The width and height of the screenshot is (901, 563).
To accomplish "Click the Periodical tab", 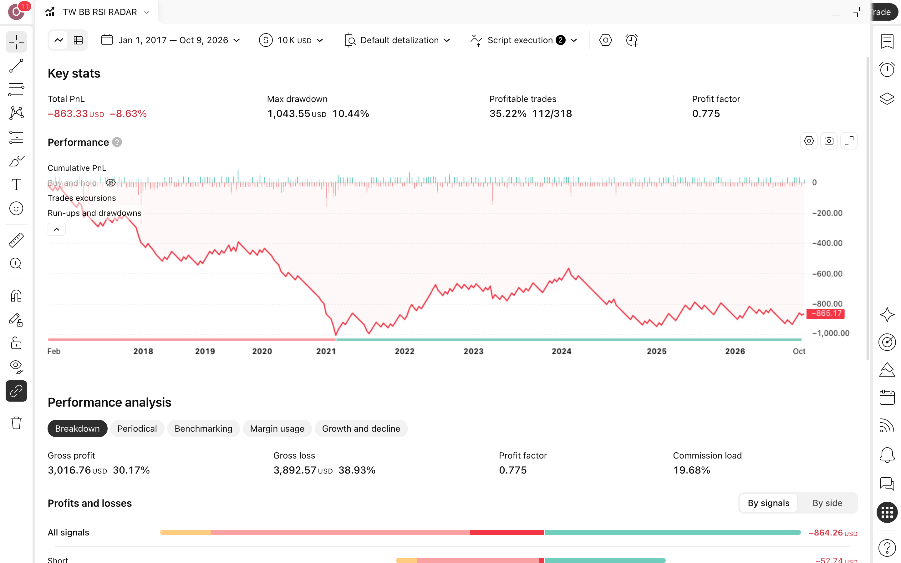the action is tap(137, 429).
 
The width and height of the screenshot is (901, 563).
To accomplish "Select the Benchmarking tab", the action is tap(203, 429).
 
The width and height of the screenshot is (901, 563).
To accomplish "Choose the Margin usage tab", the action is tap(277, 429).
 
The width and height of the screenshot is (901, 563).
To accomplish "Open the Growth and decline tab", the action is tap(361, 429).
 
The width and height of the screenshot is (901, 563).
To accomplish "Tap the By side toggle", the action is tap(827, 503).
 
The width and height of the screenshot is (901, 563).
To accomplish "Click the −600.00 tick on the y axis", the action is tap(827, 274).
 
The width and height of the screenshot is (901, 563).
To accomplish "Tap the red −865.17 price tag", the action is tap(825, 313).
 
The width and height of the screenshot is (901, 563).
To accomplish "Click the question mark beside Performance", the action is tap(117, 142).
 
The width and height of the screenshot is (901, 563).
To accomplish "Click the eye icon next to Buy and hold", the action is tap(110, 183).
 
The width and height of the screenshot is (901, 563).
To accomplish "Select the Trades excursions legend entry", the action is tap(82, 198).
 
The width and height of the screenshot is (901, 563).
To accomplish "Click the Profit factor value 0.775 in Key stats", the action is tap(706, 114).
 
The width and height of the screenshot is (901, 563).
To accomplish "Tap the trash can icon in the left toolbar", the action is tap(16, 423).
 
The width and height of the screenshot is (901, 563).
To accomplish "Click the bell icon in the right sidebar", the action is tap(887, 455).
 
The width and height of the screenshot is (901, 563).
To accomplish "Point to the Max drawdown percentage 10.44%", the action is tap(351, 114).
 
